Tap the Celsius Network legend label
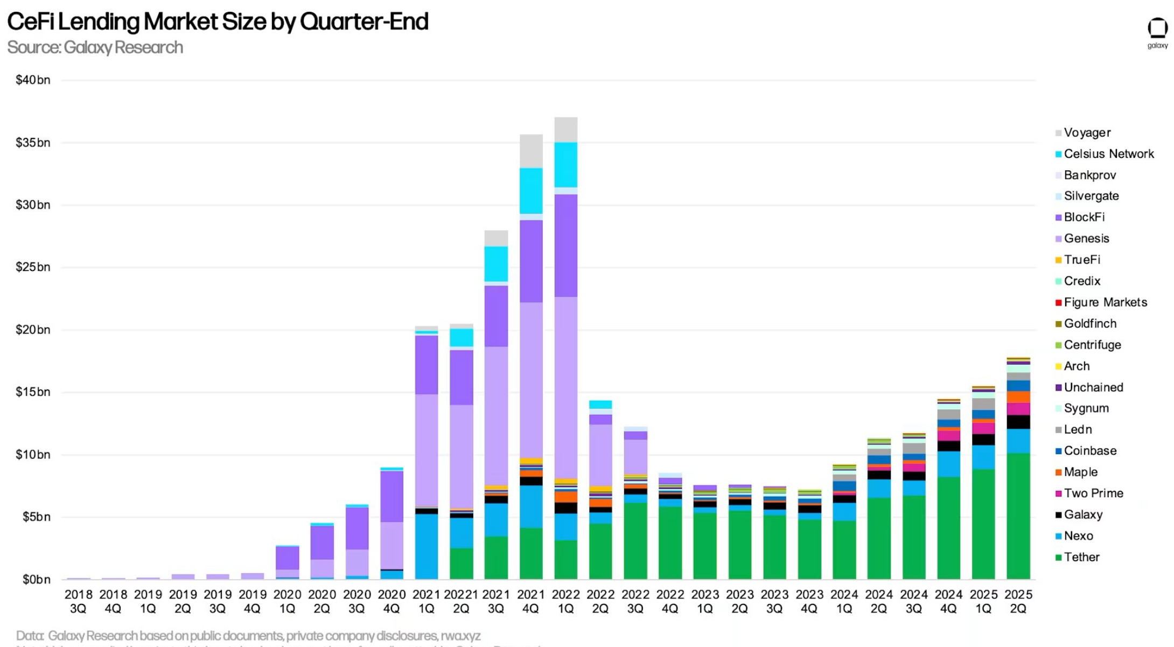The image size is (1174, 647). click(x=1108, y=154)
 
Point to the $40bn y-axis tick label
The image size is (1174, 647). click(x=33, y=80)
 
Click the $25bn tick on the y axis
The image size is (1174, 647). click(x=33, y=267)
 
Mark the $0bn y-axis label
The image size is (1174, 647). click(x=36, y=580)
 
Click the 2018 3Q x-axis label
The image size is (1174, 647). click(x=79, y=601)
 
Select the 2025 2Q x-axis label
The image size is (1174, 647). click(x=1018, y=601)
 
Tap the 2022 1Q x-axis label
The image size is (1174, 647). click(x=565, y=601)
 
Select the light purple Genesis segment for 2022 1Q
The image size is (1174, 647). click(x=565, y=388)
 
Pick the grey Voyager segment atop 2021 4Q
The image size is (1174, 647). click(x=531, y=151)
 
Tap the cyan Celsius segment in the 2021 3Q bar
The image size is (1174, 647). click(x=496, y=264)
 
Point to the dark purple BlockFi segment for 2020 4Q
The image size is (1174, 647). click(x=392, y=496)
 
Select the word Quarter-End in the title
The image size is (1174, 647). click(x=364, y=22)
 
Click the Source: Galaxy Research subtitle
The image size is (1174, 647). click(x=95, y=47)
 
